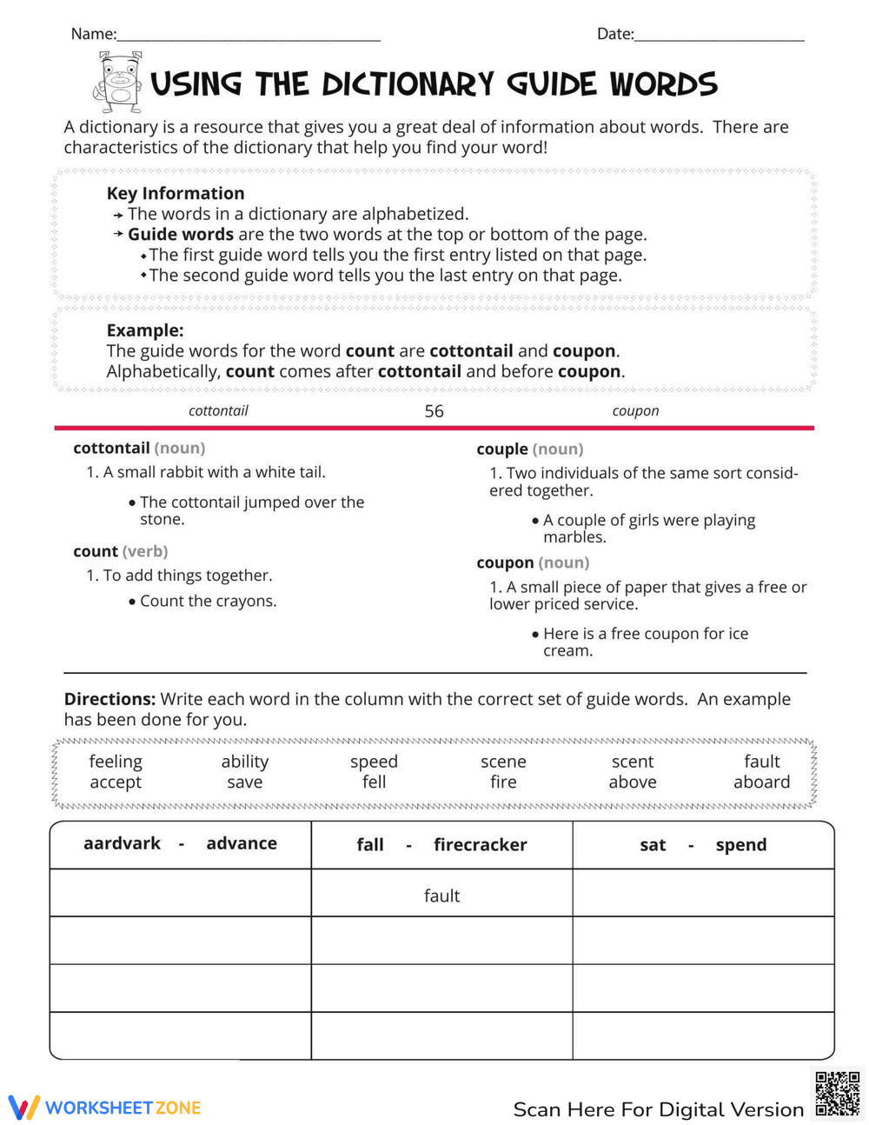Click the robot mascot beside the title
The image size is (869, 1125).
(x=119, y=83)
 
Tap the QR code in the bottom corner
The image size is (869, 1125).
(x=838, y=1094)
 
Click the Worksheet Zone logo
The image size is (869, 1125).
(x=105, y=1107)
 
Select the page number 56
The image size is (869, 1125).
(x=434, y=411)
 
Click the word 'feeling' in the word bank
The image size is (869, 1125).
(x=116, y=762)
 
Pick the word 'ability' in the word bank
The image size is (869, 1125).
(x=245, y=762)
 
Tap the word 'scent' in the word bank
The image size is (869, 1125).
(x=633, y=762)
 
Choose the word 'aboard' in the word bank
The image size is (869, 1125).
(x=761, y=782)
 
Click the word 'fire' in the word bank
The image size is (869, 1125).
(x=503, y=782)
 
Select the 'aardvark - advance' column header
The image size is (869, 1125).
(x=180, y=843)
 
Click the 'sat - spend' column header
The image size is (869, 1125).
(x=703, y=845)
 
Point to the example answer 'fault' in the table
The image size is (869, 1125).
(x=441, y=895)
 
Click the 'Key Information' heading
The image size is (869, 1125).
(x=176, y=193)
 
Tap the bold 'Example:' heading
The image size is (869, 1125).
(x=145, y=330)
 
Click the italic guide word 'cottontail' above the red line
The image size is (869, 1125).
(x=218, y=410)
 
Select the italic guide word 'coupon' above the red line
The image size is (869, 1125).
(x=635, y=410)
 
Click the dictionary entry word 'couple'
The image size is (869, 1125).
(x=502, y=449)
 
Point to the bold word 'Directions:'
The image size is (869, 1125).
(x=109, y=699)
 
